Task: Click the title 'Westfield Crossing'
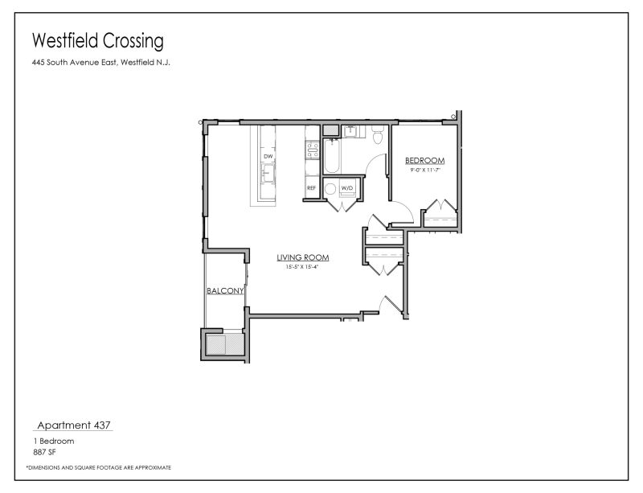tap(97, 40)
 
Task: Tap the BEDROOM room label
tap(424, 160)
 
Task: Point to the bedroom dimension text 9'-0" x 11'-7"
tap(424, 170)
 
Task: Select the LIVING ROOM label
tap(303, 257)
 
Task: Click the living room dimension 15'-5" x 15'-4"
tap(303, 266)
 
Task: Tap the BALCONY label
tap(224, 291)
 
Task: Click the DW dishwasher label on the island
tap(268, 156)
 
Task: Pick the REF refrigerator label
tap(312, 188)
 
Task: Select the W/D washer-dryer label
tap(347, 188)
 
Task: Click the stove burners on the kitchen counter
tap(312, 150)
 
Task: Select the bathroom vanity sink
tap(350, 130)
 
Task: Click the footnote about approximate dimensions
tap(98, 467)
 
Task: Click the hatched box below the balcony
tap(223, 344)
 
